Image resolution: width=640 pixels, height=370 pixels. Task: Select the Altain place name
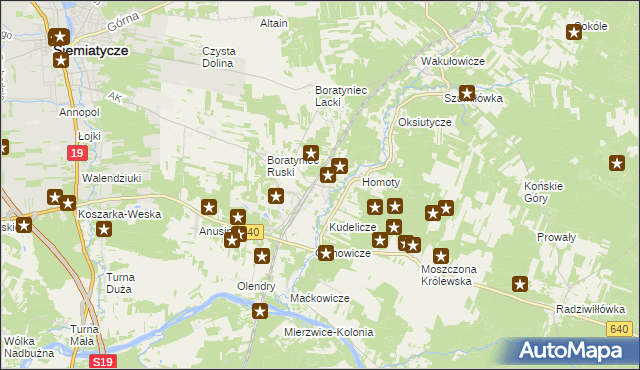(273, 23)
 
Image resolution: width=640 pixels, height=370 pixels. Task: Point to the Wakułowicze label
(452, 61)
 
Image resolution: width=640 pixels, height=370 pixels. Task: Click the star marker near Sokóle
(574, 32)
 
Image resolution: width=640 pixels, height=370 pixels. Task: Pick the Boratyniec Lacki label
(341, 96)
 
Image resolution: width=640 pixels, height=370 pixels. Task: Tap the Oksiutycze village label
(425, 122)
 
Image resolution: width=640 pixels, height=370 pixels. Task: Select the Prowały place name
(556, 237)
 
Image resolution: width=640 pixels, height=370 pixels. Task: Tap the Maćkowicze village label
(319, 298)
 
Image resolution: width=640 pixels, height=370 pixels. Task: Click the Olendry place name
(255, 286)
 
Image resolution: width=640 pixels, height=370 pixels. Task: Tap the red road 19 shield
(77, 152)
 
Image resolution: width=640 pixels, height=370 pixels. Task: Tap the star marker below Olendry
(260, 311)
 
